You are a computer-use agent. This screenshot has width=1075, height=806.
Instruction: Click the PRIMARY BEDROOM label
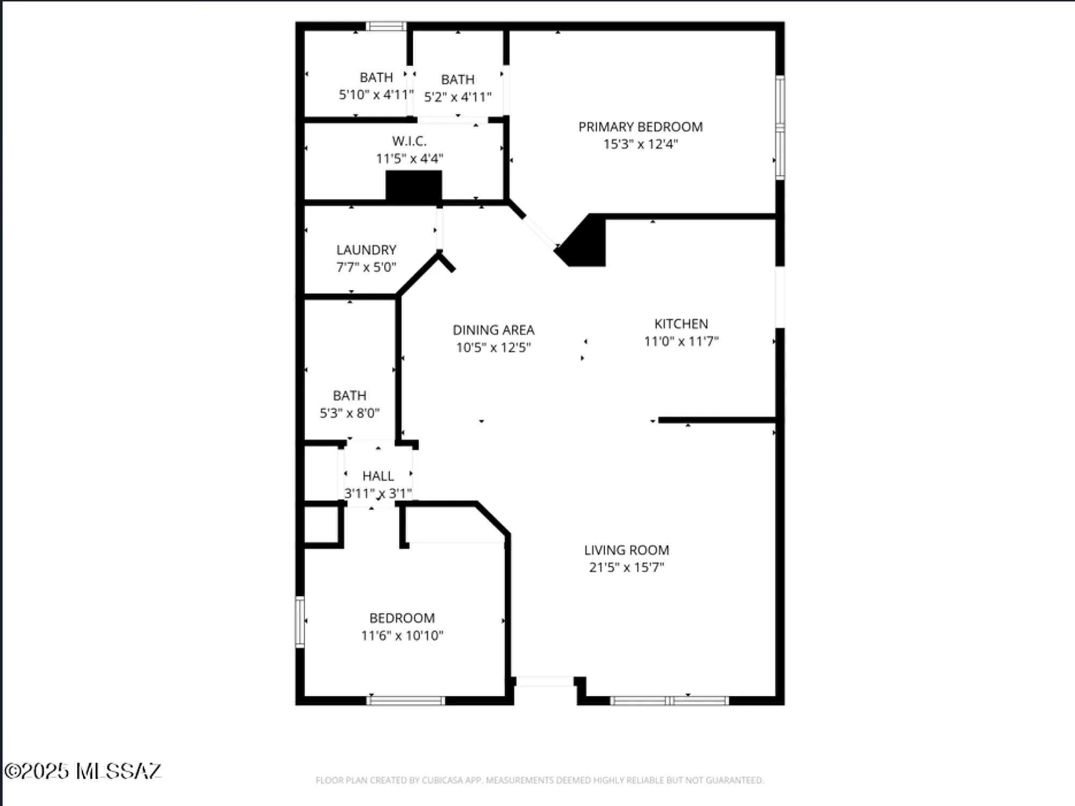pyautogui.click(x=640, y=127)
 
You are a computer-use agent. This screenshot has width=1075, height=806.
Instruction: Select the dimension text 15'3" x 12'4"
pyautogui.click(x=640, y=144)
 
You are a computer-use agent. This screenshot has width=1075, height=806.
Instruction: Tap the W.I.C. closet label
pyautogui.click(x=409, y=141)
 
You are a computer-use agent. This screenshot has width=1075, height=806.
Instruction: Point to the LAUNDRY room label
pyautogui.click(x=366, y=250)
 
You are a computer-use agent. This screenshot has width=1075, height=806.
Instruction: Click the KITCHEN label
pyautogui.click(x=681, y=324)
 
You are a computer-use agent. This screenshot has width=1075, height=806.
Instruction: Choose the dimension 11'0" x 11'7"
pyautogui.click(x=681, y=341)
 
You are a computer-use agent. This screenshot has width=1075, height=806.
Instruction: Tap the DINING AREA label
pyautogui.click(x=493, y=330)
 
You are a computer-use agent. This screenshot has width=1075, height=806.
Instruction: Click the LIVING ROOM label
pyautogui.click(x=626, y=550)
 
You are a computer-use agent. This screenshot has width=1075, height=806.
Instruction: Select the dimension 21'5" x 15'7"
pyautogui.click(x=626, y=567)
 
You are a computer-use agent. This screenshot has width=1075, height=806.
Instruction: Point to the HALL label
pyautogui.click(x=378, y=476)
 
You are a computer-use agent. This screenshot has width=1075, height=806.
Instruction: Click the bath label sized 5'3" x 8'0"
pyautogui.click(x=349, y=396)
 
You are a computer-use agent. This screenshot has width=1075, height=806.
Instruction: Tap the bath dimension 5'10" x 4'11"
pyautogui.click(x=376, y=95)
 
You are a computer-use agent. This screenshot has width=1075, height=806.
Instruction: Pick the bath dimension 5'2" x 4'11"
pyautogui.click(x=457, y=97)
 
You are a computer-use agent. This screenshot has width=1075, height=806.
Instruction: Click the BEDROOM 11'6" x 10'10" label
pyautogui.click(x=402, y=618)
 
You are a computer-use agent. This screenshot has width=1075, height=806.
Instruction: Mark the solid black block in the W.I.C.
pyautogui.click(x=414, y=187)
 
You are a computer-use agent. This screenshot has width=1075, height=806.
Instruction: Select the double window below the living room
pyautogui.click(x=669, y=700)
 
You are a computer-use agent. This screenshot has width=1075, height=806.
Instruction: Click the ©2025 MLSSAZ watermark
pyautogui.click(x=82, y=771)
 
